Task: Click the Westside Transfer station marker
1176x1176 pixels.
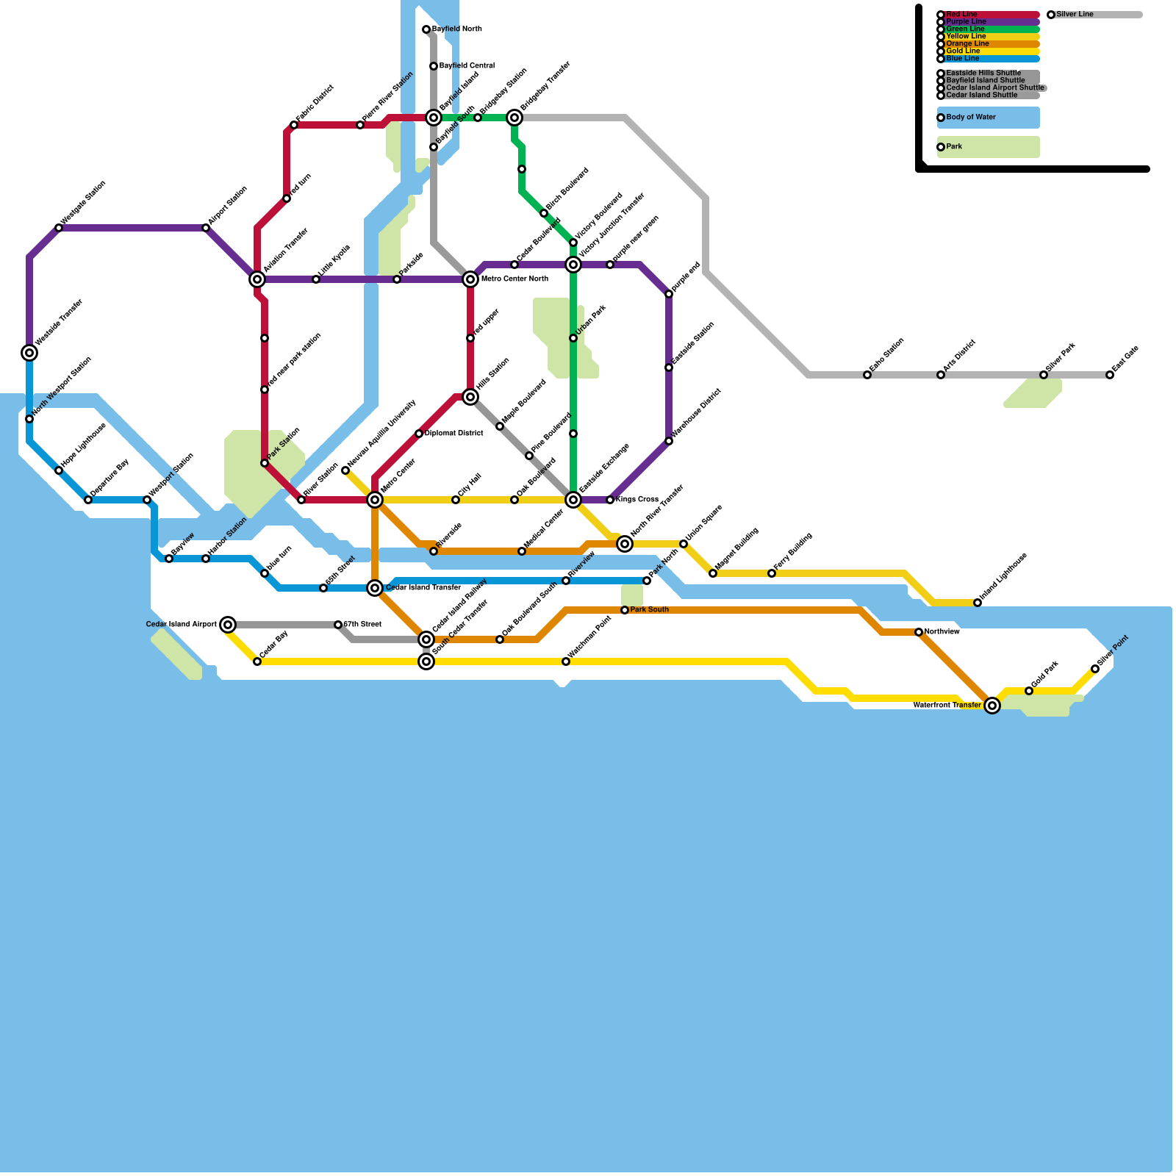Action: [29, 353]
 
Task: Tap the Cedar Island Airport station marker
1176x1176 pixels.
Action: [228, 625]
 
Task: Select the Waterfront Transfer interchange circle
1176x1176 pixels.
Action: [992, 706]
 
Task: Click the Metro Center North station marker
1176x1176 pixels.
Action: [470, 279]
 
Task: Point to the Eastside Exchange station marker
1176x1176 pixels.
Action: [573, 500]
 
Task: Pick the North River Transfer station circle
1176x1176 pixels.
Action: [625, 544]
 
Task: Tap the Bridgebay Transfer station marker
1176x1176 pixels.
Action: [514, 118]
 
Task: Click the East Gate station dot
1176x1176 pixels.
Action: [1110, 375]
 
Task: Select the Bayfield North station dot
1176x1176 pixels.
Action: [426, 29]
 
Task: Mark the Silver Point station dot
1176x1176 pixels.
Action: [1095, 669]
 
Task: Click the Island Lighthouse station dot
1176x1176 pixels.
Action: [978, 603]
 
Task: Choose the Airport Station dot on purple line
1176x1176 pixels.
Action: [206, 228]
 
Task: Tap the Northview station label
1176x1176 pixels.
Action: [942, 632]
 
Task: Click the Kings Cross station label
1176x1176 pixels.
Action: [637, 500]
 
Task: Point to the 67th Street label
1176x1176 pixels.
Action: [363, 625]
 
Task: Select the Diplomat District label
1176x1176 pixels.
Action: [454, 434]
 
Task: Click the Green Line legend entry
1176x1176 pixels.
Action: [966, 29]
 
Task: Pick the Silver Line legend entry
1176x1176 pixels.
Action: [1075, 15]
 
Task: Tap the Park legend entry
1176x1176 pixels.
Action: [954, 147]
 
